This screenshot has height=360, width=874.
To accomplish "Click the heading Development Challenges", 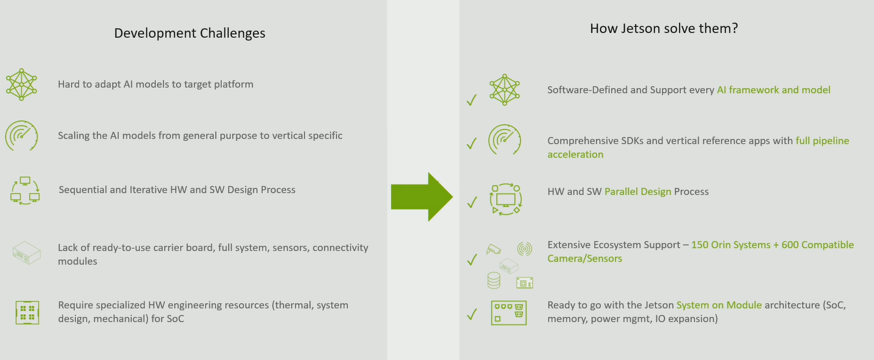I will click(x=189, y=33).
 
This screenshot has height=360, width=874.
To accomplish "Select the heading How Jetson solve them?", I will click(x=664, y=28).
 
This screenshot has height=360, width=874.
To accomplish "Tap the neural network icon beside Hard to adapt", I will click(x=21, y=84).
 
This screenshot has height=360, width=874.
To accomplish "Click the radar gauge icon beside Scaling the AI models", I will click(x=21, y=136).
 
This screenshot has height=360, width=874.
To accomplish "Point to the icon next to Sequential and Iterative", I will click(x=24, y=190).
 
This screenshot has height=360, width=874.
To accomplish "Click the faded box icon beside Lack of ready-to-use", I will click(x=26, y=251).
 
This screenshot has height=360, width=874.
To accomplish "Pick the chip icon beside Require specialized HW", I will click(x=27, y=312).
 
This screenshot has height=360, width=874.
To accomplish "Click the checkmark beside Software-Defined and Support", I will click(x=471, y=100).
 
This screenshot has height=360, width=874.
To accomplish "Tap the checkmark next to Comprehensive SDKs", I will click(x=471, y=144).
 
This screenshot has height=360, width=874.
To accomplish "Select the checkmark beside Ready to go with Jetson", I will click(x=471, y=315).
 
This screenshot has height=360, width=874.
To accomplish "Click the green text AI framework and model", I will click(x=773, y=90).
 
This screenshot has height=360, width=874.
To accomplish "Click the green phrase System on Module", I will click(x=719, y=305).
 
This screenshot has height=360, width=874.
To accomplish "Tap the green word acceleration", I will click(x=575, y=155).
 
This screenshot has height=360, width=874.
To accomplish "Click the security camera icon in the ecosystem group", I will click(x=493, y=249).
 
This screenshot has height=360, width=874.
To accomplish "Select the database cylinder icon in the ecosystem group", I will click(x=493, y=281).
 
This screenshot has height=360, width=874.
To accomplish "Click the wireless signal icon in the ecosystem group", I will click(x=524, y=248).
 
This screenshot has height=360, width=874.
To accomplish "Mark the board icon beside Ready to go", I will click(x=509, y=312).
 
